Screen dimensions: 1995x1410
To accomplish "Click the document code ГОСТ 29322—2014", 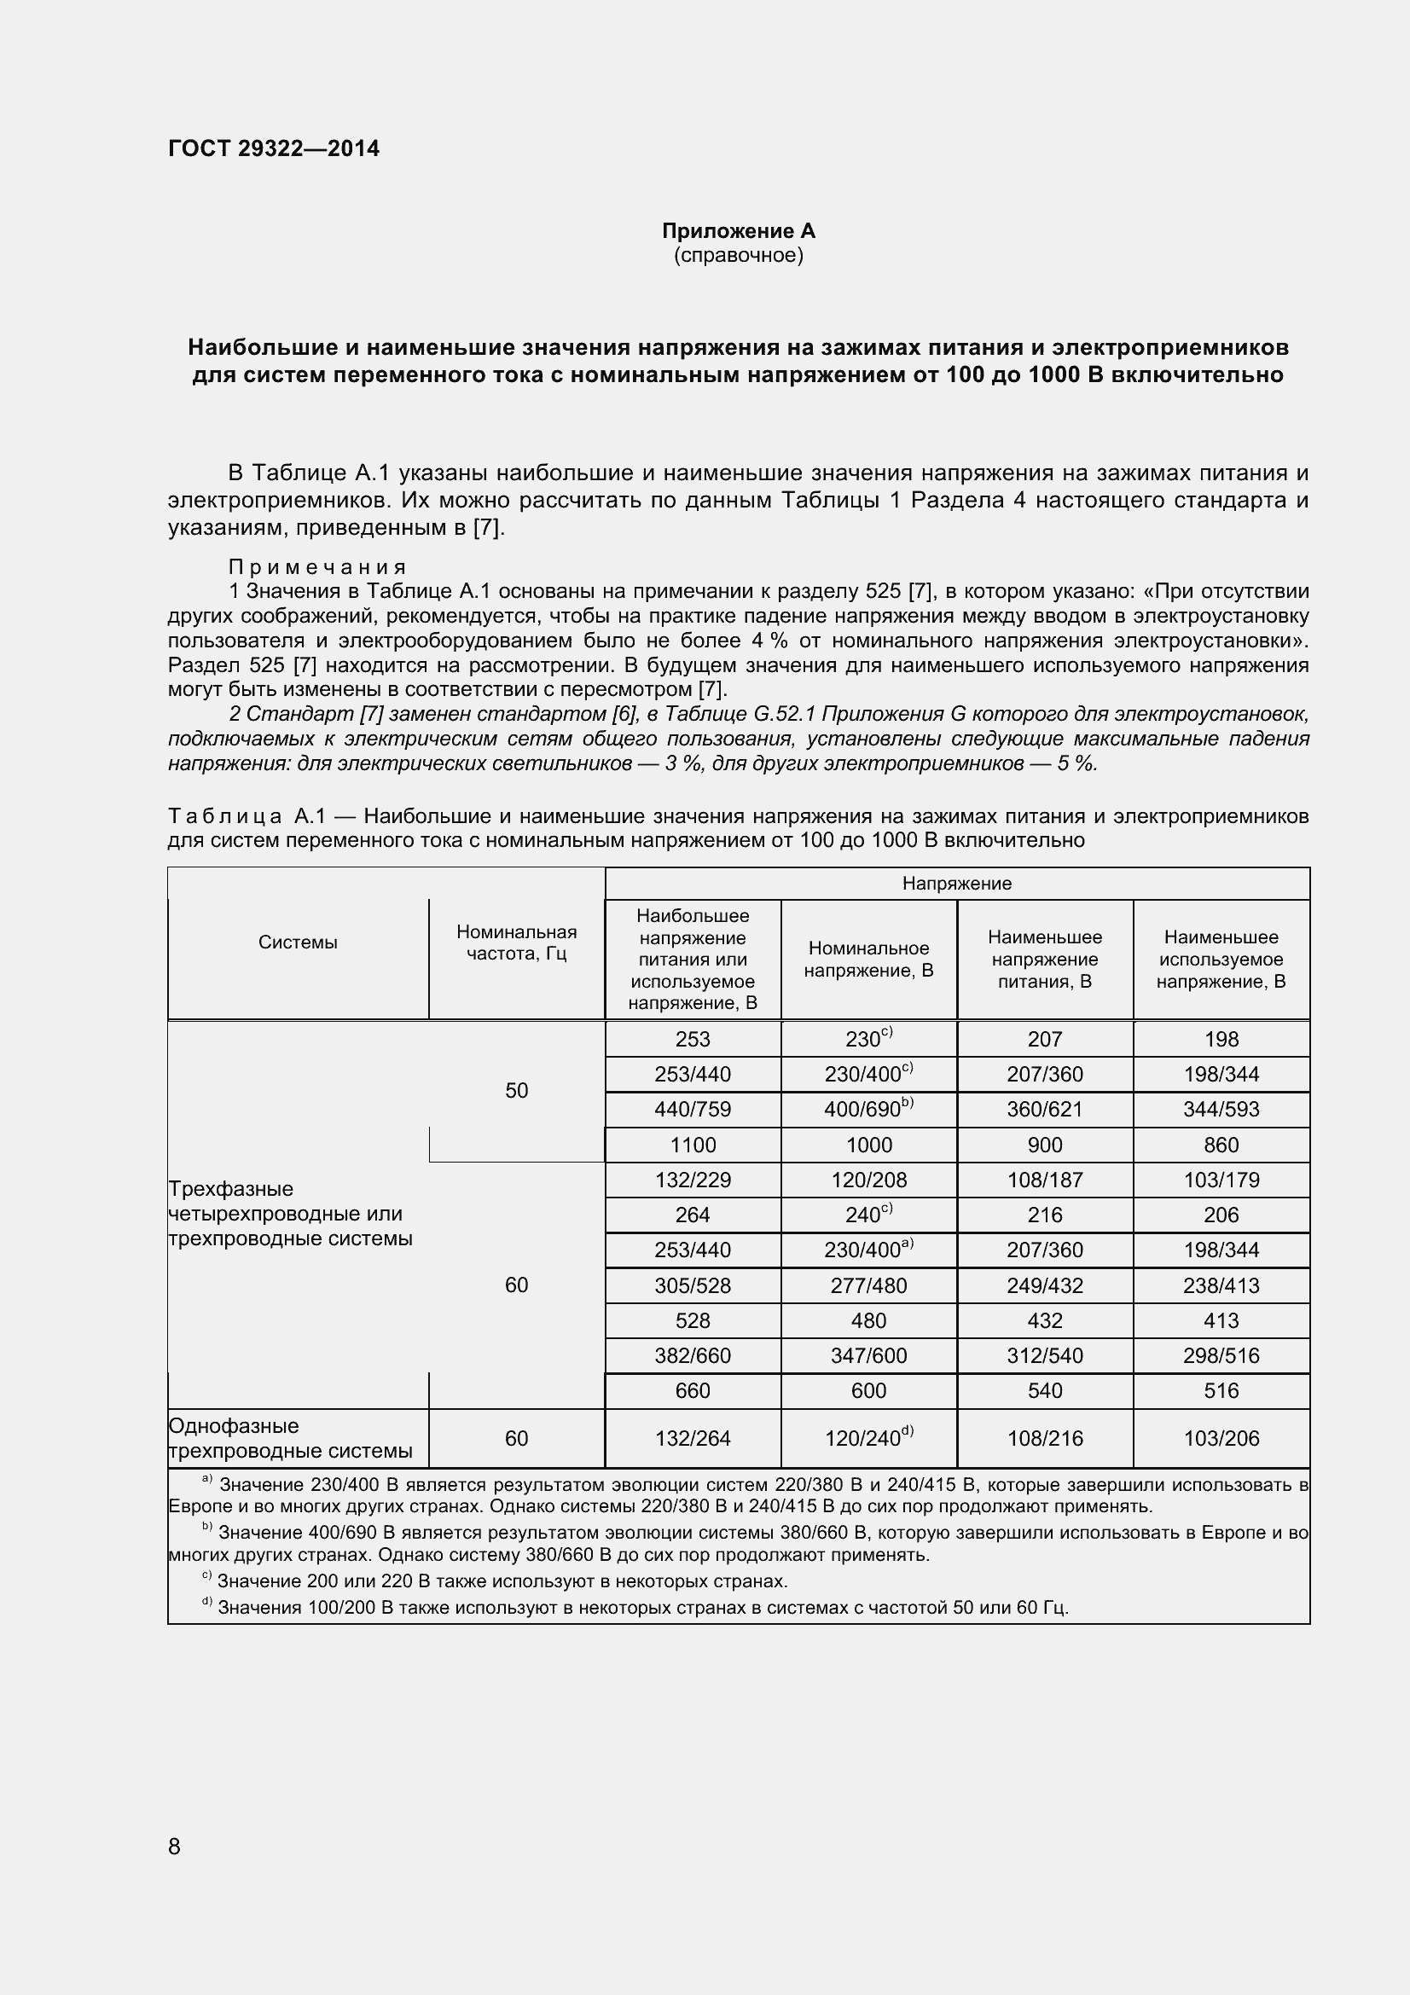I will (274, 148).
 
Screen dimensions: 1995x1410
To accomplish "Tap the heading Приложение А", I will (739, 231).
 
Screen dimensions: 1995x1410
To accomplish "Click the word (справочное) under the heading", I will (739, 256).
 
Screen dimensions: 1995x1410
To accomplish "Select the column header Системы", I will (298, 942).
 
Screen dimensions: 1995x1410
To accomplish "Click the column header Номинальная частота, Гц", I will (517, 942).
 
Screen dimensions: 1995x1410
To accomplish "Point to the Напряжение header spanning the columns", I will (956, 884).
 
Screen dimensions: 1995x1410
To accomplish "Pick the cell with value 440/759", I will (693, 1110).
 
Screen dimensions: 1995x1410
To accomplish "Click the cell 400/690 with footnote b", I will (868, 1110).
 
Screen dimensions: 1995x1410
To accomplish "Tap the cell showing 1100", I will (693, 1145).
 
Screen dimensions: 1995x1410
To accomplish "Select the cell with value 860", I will (1221, 1145).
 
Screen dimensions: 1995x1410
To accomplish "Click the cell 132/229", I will (693, 1180).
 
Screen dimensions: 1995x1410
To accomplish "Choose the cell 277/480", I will (868, 1285).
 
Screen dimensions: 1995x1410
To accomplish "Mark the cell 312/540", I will (1044, 1355).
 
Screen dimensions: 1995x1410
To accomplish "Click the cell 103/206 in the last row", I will (1221, 1438).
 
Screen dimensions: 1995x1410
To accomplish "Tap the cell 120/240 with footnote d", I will (868, 1438).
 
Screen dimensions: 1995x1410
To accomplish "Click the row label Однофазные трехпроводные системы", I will (290, 1438).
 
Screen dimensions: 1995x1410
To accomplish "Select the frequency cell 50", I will (517, 1091).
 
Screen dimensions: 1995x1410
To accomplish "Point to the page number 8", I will (175, 1847).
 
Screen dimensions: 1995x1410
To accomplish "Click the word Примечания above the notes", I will (317, 567).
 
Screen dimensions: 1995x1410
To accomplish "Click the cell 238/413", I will (1221, 1285).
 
